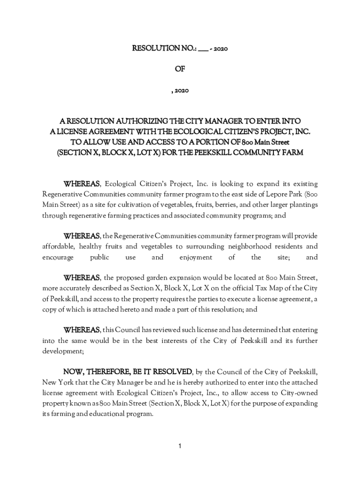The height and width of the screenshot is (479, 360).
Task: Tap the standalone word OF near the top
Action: [x=180, y=69]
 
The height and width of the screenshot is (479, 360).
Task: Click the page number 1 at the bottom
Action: [x=180, y=446]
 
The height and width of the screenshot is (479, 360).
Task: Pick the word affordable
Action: [x=58, y=246]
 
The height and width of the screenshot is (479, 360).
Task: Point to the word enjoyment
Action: [x=195, y=257]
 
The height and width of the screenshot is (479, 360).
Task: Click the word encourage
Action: [x=58, y=257]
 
